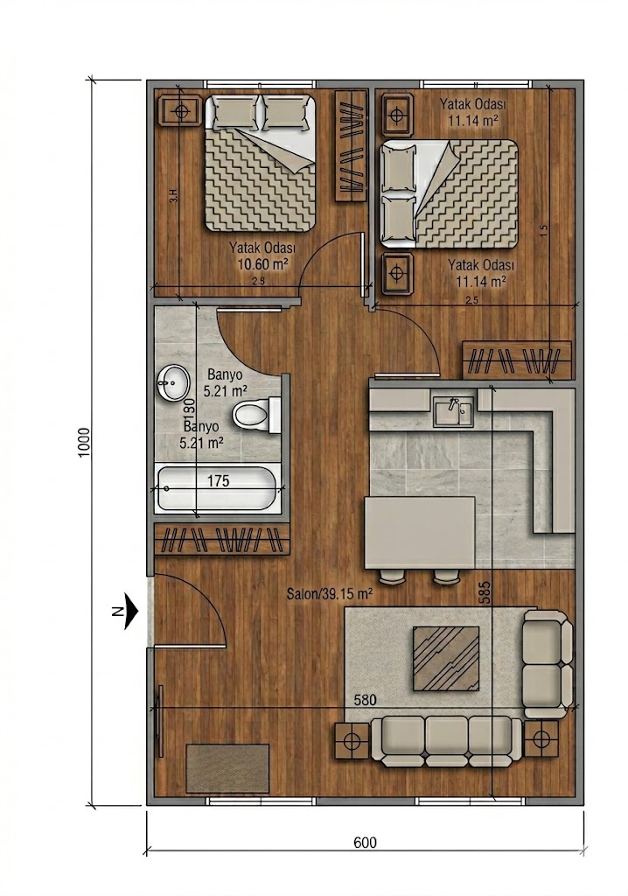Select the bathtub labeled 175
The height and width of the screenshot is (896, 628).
pyautogui.click(x=218, y=489)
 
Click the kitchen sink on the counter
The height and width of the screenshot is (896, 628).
pyautogui.click(x=452, y=409)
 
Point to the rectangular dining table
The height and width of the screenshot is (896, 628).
pyautogui.click(x=419, y=532)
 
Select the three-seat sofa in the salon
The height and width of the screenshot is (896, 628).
pyautogui.click(x=446, y=739)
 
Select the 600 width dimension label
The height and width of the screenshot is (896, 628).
pyautogui.click(x=366, y=843)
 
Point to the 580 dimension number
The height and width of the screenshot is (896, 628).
pyautogui.click(x=366, y=700)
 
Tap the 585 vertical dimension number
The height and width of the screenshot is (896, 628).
pyautogui.click(x=485, y=592)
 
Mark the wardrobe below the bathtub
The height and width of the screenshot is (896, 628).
pyautogui.click(x=221, y=538)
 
